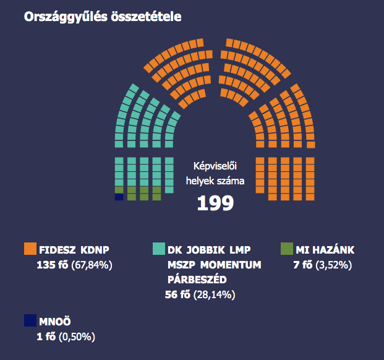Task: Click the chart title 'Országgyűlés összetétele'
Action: click(102, 17)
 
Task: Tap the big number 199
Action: click(215, 203)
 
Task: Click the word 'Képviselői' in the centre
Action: click(216, 166)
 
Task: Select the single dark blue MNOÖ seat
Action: click(119, 197)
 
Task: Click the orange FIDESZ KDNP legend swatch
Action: click(30, 249)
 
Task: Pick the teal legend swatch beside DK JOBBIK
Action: click(158, 249)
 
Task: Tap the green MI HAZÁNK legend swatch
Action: click(286, 249)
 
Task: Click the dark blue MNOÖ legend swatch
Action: click(30, 320)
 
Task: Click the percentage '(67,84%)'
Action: click(92, 265)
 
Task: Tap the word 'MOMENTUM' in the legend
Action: click(231, 265)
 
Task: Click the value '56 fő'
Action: click(179, 294)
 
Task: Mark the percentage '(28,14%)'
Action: click(216, 294)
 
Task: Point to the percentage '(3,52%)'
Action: click(334, 265)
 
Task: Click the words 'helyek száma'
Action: click(216, 181)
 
